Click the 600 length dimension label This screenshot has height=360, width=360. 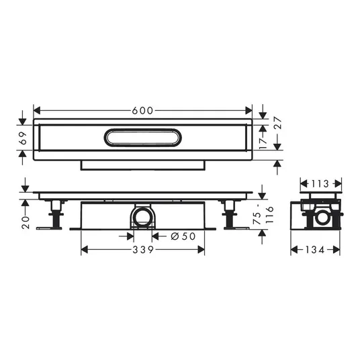142,111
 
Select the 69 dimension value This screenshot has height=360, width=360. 24,138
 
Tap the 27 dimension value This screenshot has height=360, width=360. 277,123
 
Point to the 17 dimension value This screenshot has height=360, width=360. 263,143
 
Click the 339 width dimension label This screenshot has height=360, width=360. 143,250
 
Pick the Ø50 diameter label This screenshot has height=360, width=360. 183,236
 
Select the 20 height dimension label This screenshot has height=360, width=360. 26,222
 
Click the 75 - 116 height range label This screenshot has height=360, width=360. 263,214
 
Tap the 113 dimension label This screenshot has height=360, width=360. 320,183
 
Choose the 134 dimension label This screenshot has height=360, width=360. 315,250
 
